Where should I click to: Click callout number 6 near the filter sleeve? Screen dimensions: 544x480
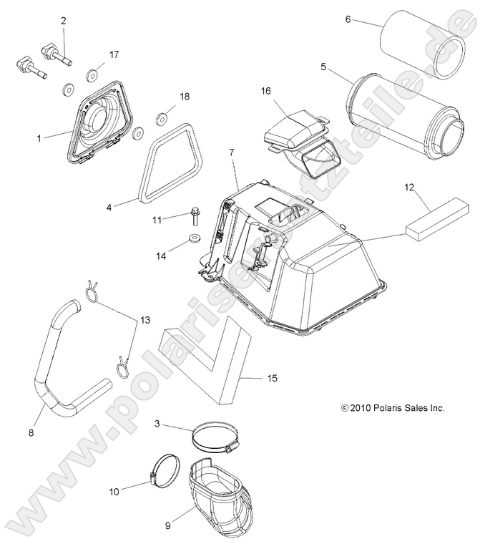click(348, 19)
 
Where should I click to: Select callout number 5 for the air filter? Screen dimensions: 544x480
click(323, 67)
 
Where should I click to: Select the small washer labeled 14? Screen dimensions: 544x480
click(193, 238)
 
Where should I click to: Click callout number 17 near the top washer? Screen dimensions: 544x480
click(114, 54)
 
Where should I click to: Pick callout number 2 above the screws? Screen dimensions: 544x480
click(63, 21)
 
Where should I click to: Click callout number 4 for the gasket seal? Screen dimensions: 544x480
click(109, 208)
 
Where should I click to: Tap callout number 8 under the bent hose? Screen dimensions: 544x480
click(31, 432)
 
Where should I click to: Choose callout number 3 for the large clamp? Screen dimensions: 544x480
click(157, 424)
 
